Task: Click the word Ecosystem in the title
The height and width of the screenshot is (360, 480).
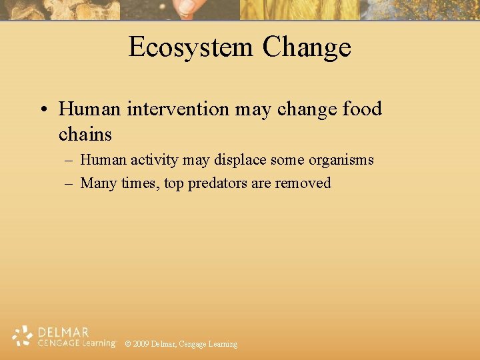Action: (x=191, y=47)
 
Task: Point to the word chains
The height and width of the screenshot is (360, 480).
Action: (x=85, y=134)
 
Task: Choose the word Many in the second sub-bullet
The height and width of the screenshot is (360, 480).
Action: (x=99, y=183)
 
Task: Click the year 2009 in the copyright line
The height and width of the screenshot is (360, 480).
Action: (x=141, y=344)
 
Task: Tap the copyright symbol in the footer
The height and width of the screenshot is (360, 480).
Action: (x=128, y=344)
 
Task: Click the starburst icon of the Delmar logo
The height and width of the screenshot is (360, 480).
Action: (x=23, y=336)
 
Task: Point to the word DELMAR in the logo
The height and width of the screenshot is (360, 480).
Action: (x=63, y=332)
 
